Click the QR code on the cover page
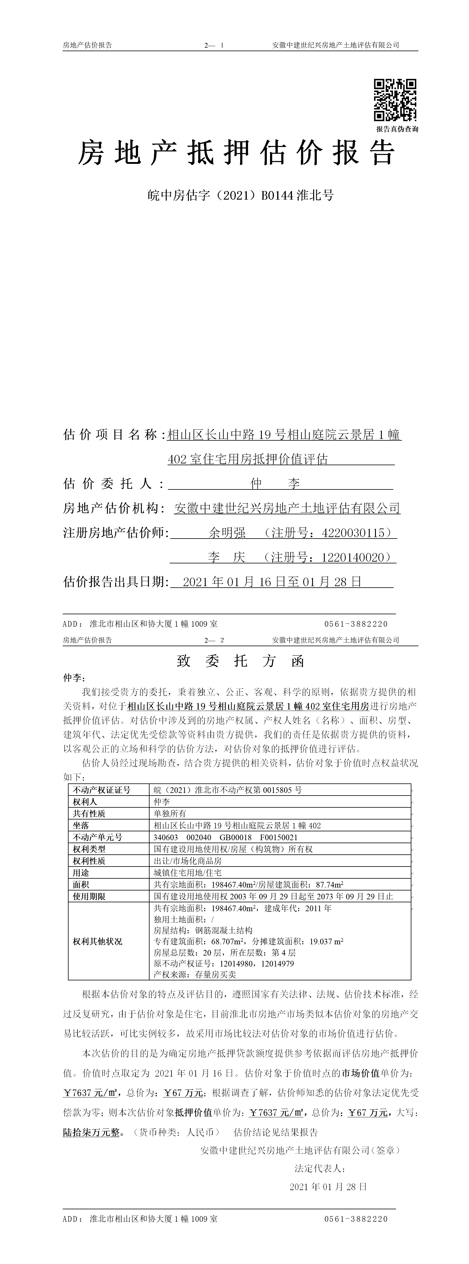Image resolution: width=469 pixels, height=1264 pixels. (x=395, y=100)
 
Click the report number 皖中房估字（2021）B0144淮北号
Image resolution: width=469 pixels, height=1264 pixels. (x=241, y=195)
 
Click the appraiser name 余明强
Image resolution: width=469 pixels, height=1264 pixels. (x=227, y=533)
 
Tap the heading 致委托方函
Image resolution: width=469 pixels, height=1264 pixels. (x=240, y=661)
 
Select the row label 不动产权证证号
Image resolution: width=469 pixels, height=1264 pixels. (x=102, y=790)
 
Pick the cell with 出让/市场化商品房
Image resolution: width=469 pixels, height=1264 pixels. (x=188, y=861)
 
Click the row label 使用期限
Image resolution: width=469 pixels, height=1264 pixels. (x=89, y=896)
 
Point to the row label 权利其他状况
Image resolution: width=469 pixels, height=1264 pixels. (x=98, y=941)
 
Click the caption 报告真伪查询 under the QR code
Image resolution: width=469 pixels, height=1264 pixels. (x=397, y=129)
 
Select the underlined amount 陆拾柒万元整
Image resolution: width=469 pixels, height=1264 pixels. (x=92, y=1132)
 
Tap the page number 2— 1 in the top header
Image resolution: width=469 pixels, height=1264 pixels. (x=214, y=45)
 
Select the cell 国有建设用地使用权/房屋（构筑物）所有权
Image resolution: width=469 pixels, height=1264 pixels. (x=233, y=849)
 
